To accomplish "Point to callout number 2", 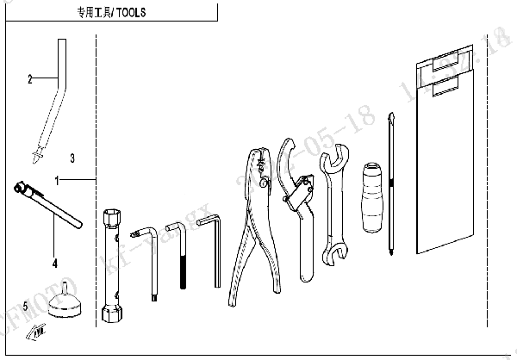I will [29, 79].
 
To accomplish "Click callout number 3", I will [72, 158].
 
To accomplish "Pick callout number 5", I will [25, 305].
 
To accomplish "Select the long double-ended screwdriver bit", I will [393, 185].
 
